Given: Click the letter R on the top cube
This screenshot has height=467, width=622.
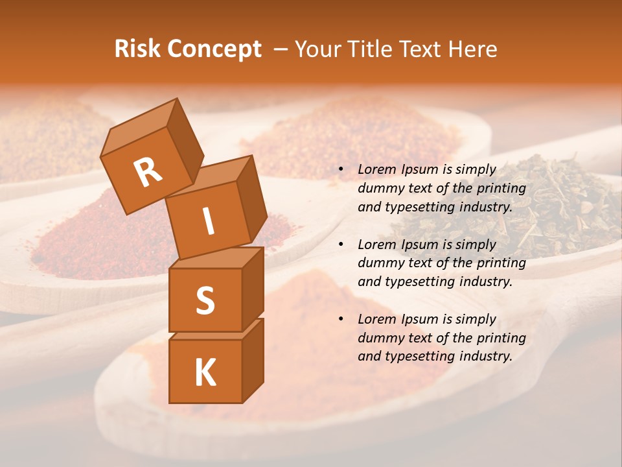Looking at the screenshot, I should click(148, 172).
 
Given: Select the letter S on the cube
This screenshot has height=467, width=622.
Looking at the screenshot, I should click(205, 300).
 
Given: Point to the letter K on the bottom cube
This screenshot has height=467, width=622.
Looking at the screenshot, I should click(205, 373).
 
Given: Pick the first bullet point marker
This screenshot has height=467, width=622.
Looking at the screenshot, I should click(341, 170).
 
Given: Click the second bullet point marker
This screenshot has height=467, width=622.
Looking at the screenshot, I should click(341, 245).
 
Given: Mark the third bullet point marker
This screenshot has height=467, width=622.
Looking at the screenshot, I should click(341, 320).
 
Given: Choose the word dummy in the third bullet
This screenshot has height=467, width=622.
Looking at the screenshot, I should click(379, 338).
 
